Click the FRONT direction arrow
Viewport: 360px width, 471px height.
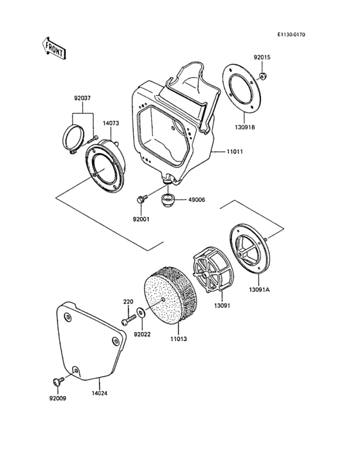coord(53,48)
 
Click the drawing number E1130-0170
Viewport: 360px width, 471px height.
coord(291,35)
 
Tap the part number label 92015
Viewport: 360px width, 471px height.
coord(262,57)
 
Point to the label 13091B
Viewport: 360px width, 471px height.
coord(245,127)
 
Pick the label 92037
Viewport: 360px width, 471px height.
coord(82,98)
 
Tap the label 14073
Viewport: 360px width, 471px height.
coord(111,123)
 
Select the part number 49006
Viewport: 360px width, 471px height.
coord(197,199)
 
